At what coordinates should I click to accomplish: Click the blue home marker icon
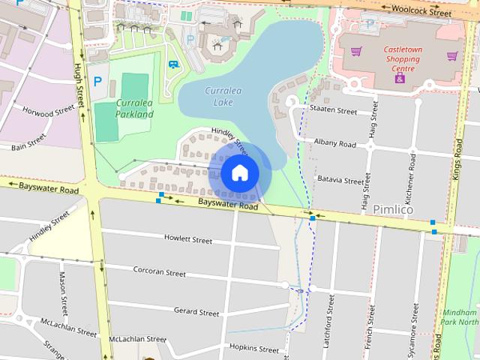coord(239,173)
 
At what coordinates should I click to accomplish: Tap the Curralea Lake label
coord(223,96)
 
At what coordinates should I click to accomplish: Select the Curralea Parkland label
coord(134,109)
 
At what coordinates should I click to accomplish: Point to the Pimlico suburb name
coord(392,210)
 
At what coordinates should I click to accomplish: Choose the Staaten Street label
coord(333,110)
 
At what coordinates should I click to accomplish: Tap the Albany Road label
coord(334,142)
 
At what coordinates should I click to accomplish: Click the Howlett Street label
coord(187,239)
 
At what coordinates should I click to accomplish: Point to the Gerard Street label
coord(196,310)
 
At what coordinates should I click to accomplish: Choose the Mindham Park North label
coord(459,316)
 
